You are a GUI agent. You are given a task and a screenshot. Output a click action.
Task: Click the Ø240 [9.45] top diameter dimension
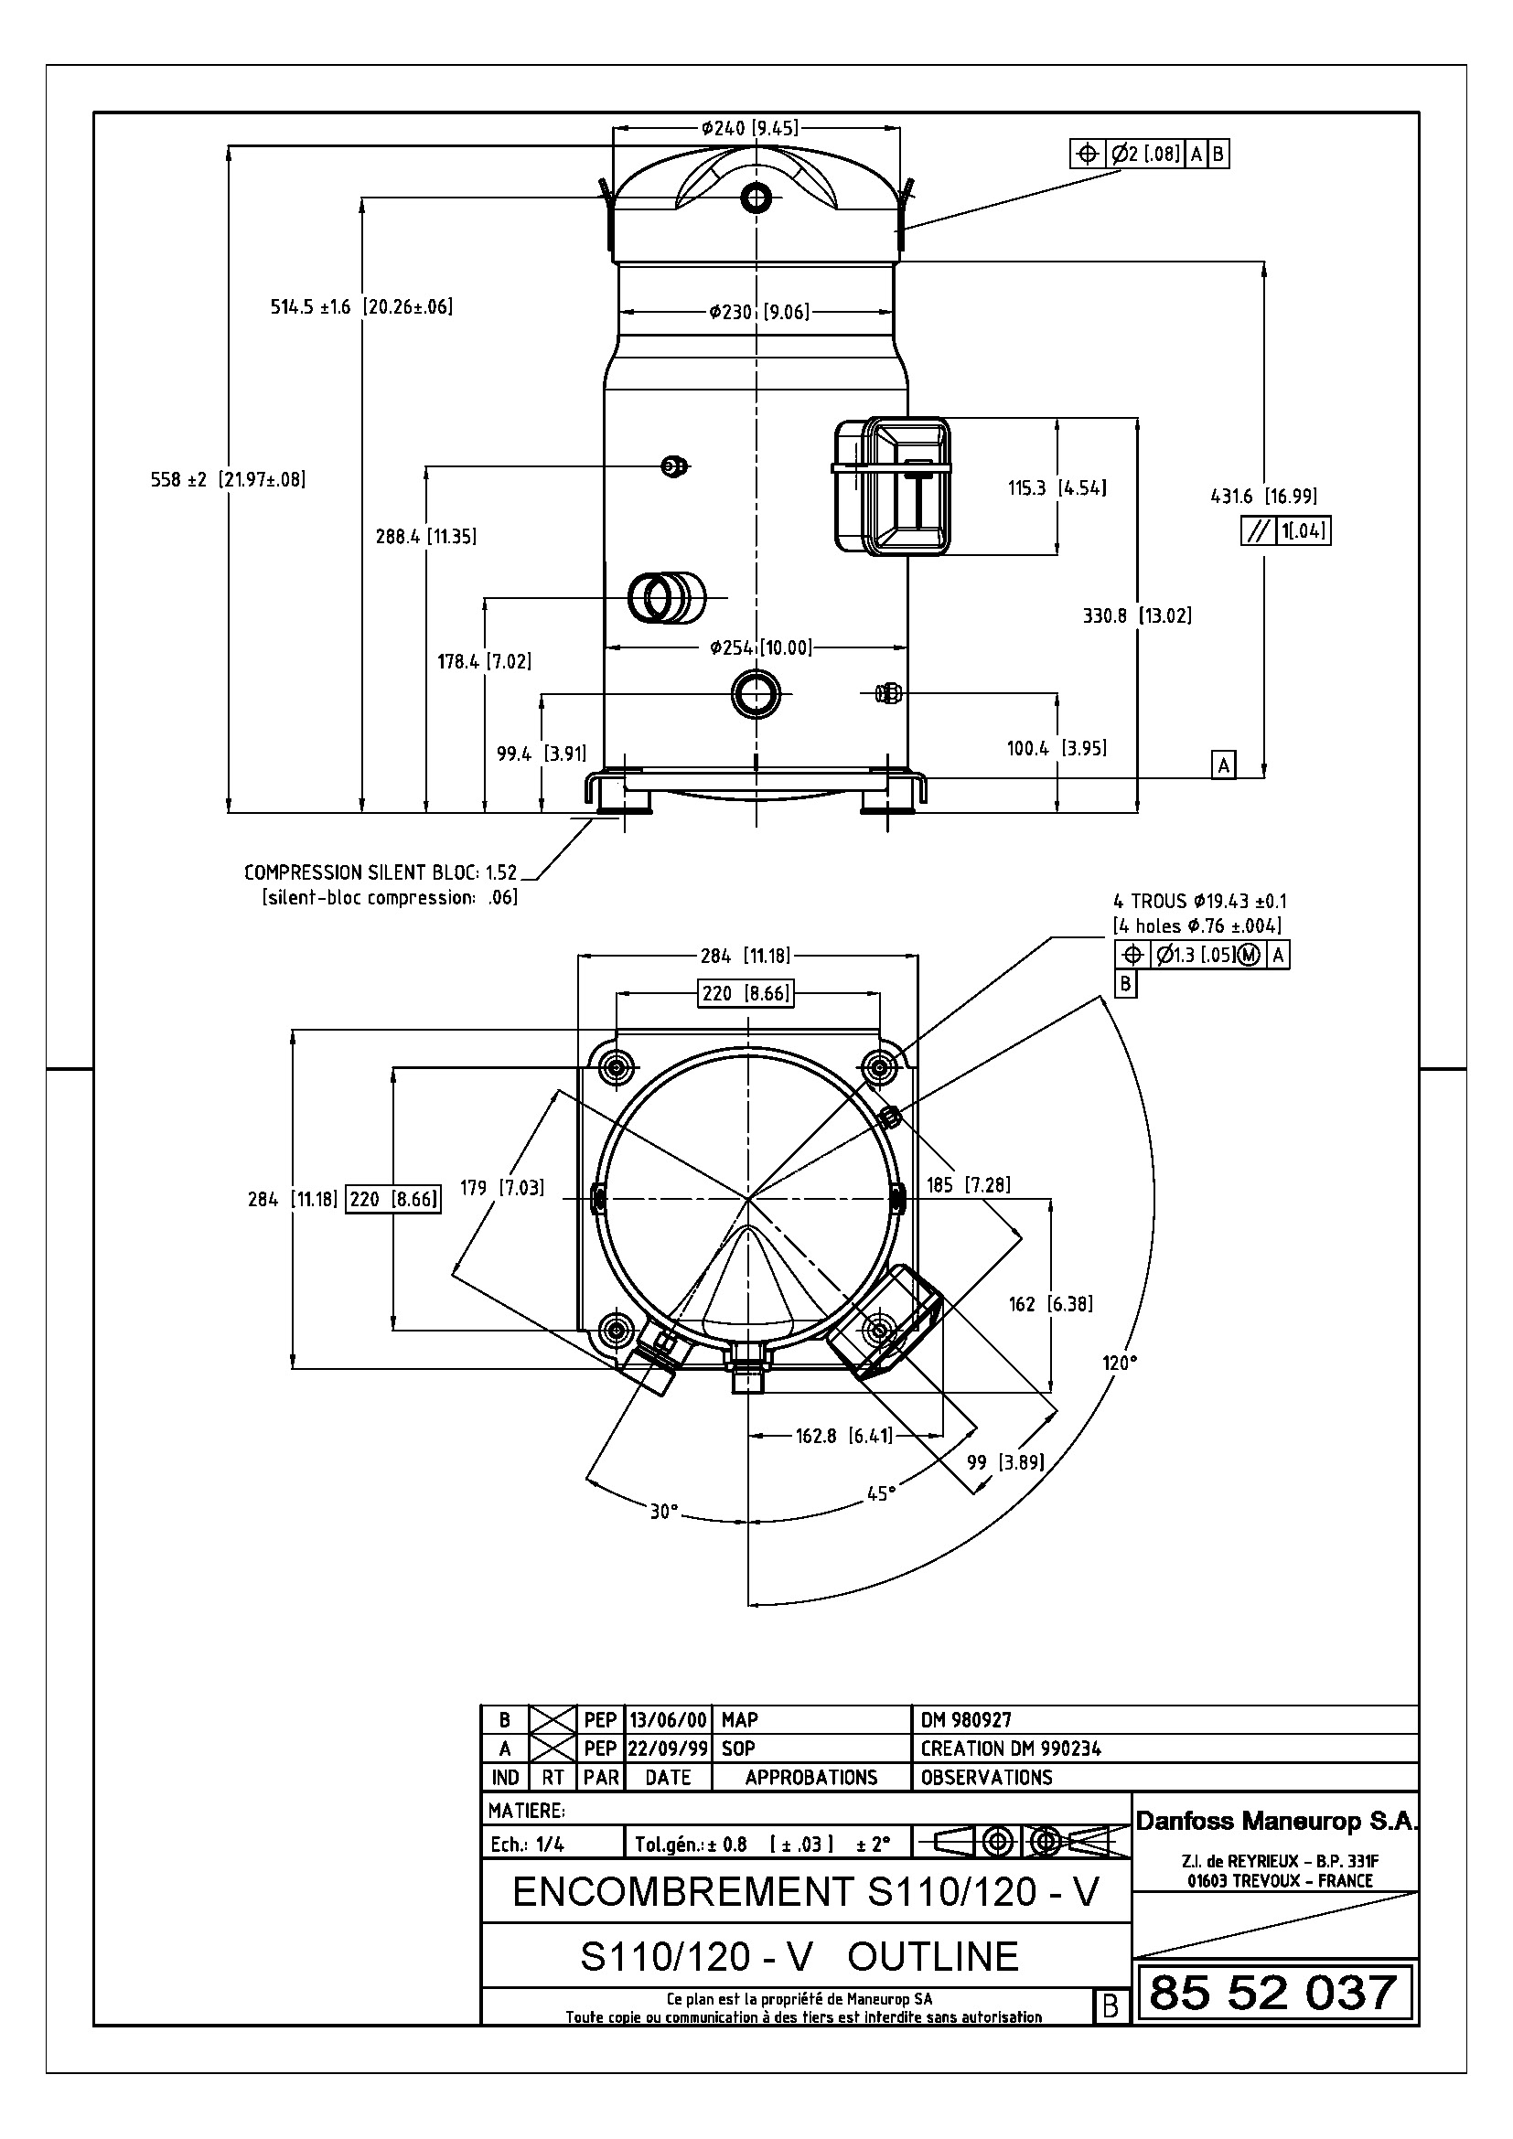point(750,128)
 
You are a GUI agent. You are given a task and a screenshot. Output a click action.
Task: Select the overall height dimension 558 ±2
point(229,480)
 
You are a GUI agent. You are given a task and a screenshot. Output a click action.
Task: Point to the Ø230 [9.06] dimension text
point(758,312)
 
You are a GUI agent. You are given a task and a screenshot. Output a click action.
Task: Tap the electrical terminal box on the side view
point(893,486)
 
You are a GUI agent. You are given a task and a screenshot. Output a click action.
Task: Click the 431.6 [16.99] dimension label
point(1263,496)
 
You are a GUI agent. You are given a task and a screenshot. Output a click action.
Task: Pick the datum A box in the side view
point(1224,765)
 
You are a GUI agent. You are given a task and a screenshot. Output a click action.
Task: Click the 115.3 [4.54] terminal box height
point(1057,487)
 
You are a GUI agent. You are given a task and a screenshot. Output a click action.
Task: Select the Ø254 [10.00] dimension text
point(760,647)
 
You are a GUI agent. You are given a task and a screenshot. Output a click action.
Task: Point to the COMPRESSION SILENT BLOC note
point(381,873)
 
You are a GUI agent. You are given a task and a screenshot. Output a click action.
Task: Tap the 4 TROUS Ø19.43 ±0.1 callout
point(1200,901)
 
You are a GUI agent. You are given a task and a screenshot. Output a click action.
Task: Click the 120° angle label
point(1120,1363)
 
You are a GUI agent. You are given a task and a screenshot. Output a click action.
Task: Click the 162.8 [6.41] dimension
point(844,1436)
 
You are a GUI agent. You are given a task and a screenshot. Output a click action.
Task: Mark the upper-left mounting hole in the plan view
point(616,1065)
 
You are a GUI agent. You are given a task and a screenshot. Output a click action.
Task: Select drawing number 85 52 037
point(1273,1993)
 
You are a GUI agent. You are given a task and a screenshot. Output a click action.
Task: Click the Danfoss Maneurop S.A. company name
point(1275,1823)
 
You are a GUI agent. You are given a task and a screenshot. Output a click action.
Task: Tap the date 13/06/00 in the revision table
point(668,1720)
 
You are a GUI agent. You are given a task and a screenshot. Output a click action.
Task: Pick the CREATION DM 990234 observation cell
point(1011,1749)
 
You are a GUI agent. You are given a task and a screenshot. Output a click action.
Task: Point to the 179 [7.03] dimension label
point(502,1188)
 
